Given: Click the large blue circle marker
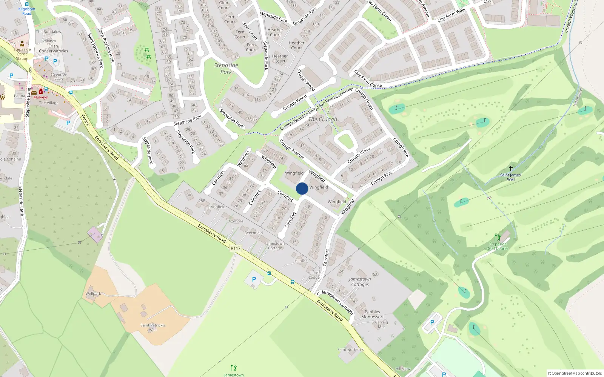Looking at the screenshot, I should click(x=302, y=188).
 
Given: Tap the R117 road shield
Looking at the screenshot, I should click(x=236, y=248).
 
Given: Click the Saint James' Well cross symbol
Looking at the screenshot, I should click(x=511, y=169).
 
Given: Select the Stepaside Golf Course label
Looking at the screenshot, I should click(x=498, y=246).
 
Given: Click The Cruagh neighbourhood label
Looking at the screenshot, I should click(x=323, y=120).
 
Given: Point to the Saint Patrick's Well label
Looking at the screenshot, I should click(x=153, y=327).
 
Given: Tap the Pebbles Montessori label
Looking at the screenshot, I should click(x=372, y=314).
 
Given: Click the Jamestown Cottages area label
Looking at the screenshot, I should click(x=360, y=282).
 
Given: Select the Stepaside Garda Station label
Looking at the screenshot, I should click(x=22, y=54).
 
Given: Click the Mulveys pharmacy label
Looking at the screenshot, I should click(x=40, y=97).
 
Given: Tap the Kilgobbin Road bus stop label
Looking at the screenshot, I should click(x=27, y=11).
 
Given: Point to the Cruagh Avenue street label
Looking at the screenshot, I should click(x=291, y=149).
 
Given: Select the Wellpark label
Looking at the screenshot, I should click(x=93, y=294).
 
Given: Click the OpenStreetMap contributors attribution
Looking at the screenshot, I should click(x=575, y=373).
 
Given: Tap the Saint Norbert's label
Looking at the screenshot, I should click(x=351, y=349).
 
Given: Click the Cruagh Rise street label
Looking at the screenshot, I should click(x=401, y=147).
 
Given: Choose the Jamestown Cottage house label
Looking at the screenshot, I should click(x=275, y=246).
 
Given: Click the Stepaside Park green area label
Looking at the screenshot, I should click(x=226, y=68).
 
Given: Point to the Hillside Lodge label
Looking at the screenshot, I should click(x=314, y=275).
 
